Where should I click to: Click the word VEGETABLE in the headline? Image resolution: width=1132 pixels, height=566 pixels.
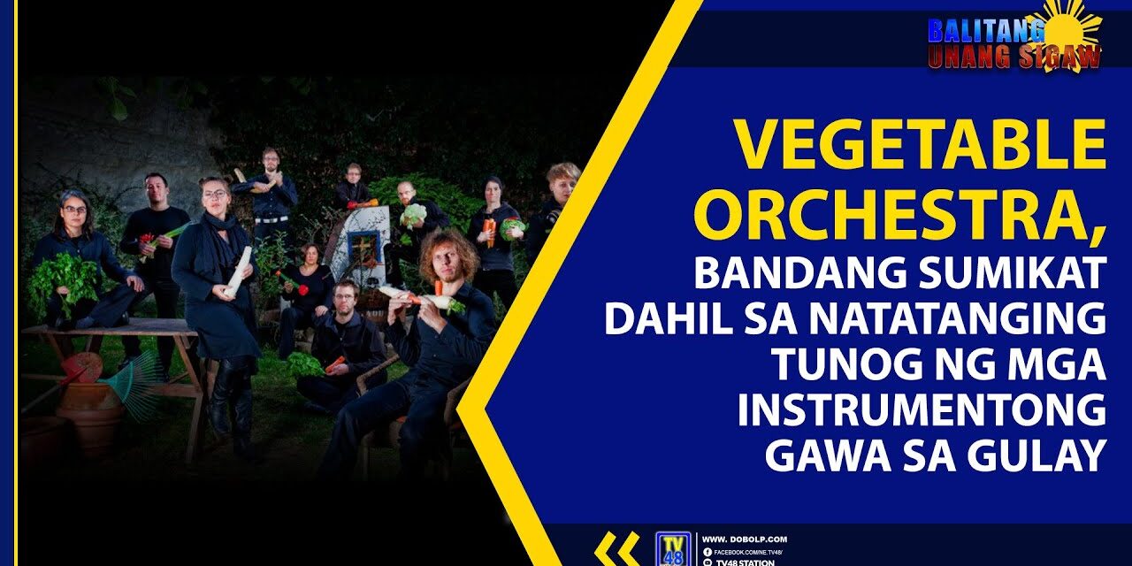[921, 145]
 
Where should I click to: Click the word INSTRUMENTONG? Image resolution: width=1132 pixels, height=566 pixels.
[922, 410]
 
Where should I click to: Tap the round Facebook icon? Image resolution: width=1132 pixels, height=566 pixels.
[707, 552]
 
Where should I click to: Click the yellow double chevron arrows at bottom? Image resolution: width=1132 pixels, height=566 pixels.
[616, 549]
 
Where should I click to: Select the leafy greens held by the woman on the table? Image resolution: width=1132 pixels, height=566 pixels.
[62, 283]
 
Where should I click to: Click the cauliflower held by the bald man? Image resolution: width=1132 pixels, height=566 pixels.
[413, 214]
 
